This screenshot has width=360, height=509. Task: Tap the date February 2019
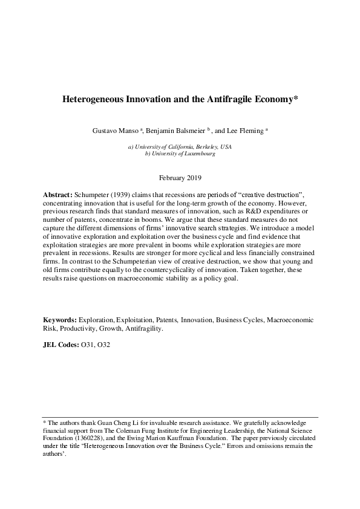click(180, 178)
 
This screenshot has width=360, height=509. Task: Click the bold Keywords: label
click(59, 319)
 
